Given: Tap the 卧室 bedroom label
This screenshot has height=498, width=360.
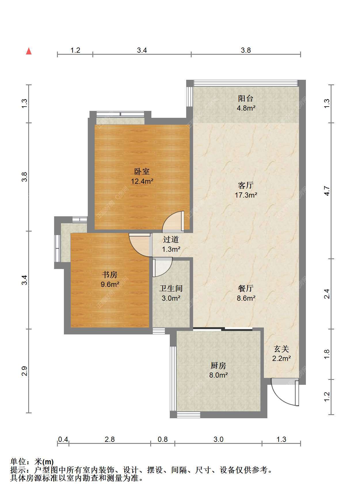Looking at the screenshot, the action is [x=142, y=172].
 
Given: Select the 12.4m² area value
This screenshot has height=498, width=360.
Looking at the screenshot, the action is [x=142, y=181].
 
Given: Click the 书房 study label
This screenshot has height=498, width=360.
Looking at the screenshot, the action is [x=110, y=275].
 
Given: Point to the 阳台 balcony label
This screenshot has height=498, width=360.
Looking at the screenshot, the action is [x=246, y=99].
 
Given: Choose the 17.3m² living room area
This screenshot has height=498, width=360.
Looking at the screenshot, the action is [x=246, y=195].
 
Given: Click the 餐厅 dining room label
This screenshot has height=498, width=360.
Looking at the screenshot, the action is [x=246, y=288].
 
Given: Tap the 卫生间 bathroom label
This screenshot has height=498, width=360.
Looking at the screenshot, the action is [x=171, y=288].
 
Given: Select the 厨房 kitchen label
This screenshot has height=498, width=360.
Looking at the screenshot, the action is [x=218, y=366].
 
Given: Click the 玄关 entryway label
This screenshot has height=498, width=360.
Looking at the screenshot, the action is [x=281, y=349].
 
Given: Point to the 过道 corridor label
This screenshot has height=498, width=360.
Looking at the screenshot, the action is [x=171, y=239].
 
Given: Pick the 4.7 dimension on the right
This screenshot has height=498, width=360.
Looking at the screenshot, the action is [x=327, y=191].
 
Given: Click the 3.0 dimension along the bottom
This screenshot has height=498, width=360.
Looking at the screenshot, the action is [x=218, y=439].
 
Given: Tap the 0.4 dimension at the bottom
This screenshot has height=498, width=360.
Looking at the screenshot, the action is [x=63, y=439].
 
